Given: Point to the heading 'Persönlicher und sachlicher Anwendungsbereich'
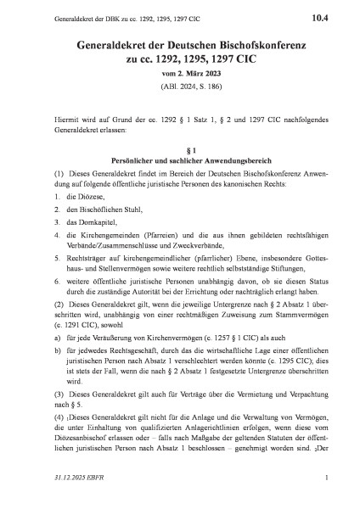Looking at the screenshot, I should click(179, 161).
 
